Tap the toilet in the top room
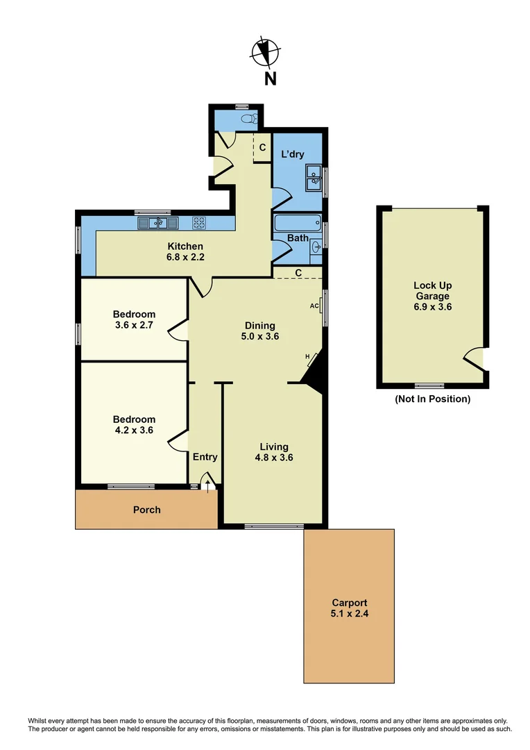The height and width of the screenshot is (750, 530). [247, 119]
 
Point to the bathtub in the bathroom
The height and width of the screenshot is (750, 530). [297, 224]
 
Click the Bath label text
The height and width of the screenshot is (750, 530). [298, 238]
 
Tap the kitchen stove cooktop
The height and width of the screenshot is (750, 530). [198, 223]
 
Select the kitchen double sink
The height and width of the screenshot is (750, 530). [158, 223]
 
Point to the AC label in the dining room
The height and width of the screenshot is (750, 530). [314, 305]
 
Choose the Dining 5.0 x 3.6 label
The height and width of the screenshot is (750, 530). [260, 331]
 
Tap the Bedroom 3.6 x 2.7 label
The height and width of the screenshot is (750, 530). [134, 319]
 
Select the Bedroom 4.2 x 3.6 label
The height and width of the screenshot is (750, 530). [134, 424]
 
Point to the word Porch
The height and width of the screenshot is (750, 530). [146, 510]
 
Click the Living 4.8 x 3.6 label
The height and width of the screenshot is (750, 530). [273, 452]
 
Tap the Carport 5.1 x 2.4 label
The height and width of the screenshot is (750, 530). [349, 608]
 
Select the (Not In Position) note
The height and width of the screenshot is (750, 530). [432, 399]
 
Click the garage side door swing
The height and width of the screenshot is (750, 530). [474, 358]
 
